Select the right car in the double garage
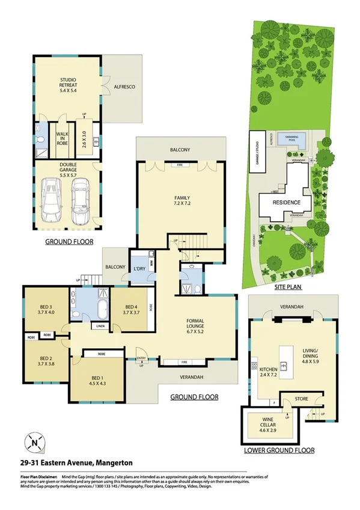[81, 200]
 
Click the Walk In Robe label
[63, 139]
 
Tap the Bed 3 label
[46, 308]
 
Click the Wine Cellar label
[264, 424]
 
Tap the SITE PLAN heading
[288, 287]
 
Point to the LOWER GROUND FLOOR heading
[279, 449]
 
